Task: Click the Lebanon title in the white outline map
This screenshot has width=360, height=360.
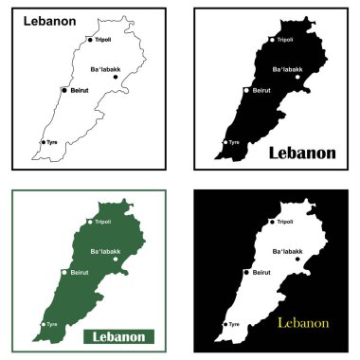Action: [50, 19]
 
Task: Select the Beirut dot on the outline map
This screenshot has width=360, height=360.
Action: [64, 90]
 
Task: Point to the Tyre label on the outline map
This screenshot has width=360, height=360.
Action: [52, 142]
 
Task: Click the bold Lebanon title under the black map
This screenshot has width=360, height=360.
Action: [302, 152]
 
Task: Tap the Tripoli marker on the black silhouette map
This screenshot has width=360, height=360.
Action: [273, 40]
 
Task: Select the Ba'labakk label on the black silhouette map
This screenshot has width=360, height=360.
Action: [287, 69]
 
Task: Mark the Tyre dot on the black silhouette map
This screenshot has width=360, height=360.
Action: [225, 142]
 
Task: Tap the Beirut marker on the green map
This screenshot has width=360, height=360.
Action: [64, 272]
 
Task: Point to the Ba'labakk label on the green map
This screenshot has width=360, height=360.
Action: [105, 250]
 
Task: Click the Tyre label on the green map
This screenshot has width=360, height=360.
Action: [52, 324]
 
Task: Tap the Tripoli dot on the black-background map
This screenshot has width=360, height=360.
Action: [273, 222]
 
